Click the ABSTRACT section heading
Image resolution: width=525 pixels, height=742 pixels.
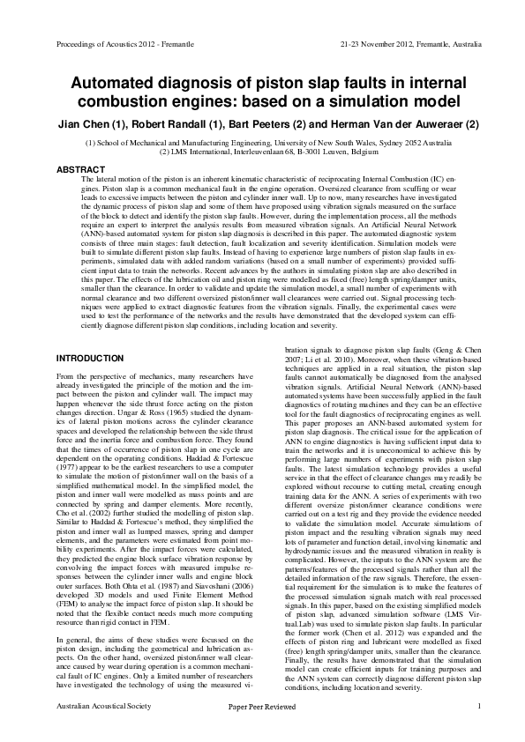click(80, 167)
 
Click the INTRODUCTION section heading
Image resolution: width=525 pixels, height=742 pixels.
click(90, 359)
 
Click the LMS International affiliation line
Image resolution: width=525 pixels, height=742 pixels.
click(262, 152)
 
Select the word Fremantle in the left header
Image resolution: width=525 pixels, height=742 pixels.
click(165, 42)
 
